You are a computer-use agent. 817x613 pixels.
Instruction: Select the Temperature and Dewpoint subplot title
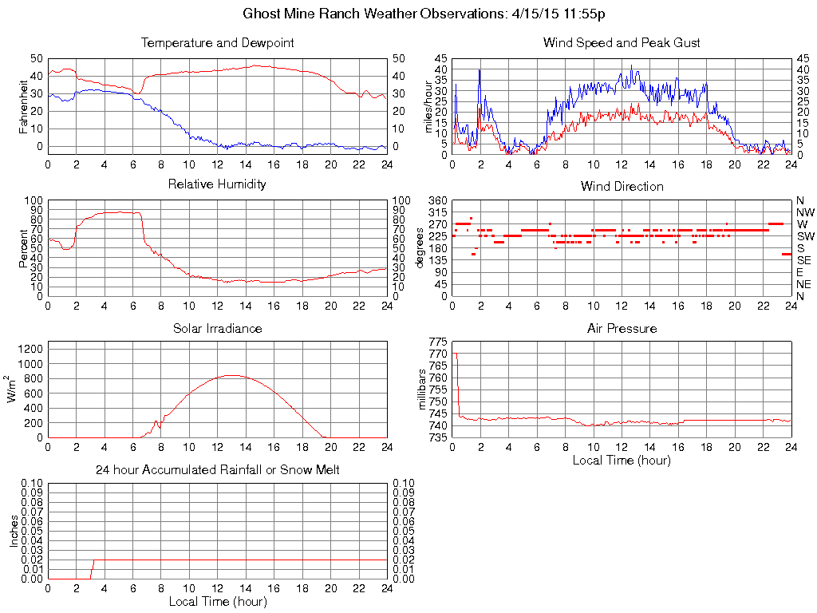click(217, 42)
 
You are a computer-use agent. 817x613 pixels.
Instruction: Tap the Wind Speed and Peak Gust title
click(622, 42)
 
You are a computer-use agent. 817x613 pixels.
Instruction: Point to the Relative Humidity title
click(217, 184)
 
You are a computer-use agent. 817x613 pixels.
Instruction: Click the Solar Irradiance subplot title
click(217, 328)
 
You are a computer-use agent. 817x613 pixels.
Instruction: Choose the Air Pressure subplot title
click(622, 328)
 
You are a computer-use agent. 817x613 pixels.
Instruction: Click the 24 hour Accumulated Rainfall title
click(217, 470)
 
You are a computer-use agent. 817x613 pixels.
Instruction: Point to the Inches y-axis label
click(14, 530)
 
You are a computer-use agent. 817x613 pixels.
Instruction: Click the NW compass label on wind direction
click(804, 212)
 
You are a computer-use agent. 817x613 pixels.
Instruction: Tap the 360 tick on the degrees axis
click(438, 200)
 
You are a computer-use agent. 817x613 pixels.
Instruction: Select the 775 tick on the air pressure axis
click(438, 341)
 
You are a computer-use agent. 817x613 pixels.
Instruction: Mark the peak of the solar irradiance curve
click(231, 375)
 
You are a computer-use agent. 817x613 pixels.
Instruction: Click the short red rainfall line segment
click(92, 568)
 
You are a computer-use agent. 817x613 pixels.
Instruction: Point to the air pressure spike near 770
click(455, 354)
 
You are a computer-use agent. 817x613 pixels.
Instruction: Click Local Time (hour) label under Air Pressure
click(622, 460)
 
